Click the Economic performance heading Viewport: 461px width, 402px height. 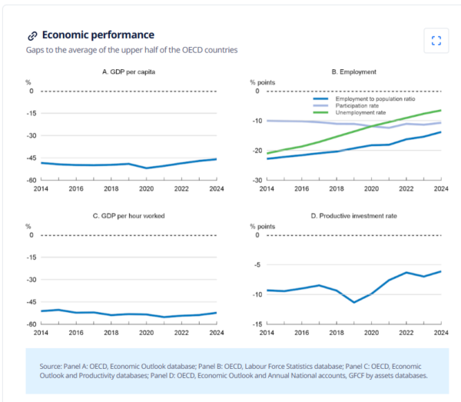[x=98, y=35]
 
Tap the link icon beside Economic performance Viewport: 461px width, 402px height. [x=32, y=35]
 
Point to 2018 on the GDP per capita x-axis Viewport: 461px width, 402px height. [x=111, y=188]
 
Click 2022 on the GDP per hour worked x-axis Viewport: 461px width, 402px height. [x=181, y=332]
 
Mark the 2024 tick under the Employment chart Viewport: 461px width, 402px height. [x=441, y=188]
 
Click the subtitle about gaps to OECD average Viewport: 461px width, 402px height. [x=131, y=50]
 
